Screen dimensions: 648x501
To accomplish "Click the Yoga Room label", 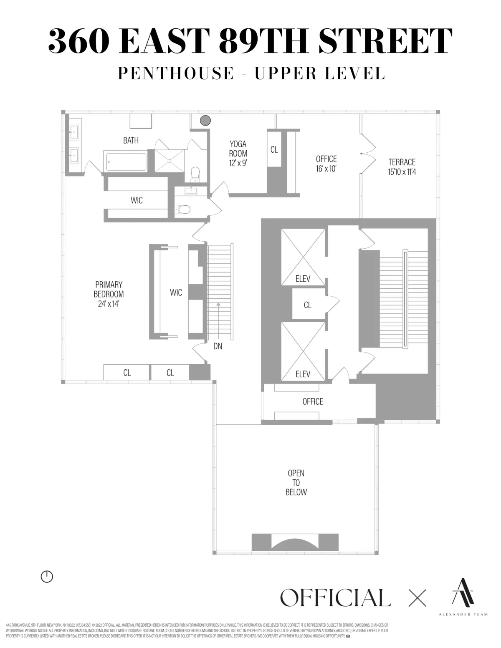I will (238, 149).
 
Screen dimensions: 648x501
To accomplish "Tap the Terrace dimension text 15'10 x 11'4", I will (402, 171).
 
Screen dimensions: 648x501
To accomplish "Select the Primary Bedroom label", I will (109, 289).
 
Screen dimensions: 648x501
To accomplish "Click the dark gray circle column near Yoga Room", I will (205, 121).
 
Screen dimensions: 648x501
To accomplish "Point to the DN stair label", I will (218, 346).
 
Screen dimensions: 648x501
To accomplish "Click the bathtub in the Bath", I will (125, 161).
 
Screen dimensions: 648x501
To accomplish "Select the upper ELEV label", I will (303, 279).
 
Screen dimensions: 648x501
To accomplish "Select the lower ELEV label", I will (303, 374).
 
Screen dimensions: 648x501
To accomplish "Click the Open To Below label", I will (296, 483).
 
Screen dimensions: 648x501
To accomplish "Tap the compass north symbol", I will (47, 577).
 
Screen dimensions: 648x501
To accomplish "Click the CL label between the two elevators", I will (308, 305).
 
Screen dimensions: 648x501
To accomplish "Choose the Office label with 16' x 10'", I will (326, 164).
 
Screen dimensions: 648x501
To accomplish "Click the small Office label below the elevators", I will (313, 401).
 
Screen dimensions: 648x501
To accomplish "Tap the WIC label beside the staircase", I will (176, 292).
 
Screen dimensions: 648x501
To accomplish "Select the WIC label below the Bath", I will (137, 200).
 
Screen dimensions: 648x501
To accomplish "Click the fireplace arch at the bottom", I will (294, 542).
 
